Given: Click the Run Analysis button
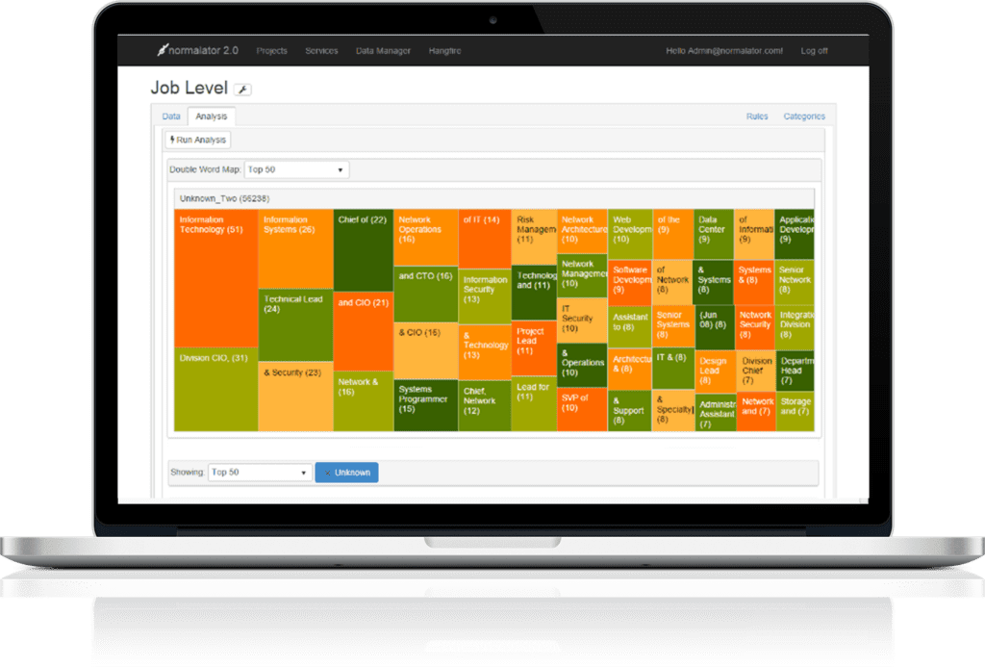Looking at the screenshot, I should pos(198,140).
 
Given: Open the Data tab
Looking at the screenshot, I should pos(171,116).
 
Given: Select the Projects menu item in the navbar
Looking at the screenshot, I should pos(271,51).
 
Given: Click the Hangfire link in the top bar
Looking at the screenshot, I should pos(445,51).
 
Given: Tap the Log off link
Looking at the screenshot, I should pos(814,51).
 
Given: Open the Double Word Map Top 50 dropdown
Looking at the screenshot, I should pos(296,169).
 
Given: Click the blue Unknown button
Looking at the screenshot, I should pos(346,473).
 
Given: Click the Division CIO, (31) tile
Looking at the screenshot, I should pos(215,389).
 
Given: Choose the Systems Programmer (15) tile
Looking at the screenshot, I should pos(425,404).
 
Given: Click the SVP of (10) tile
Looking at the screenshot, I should pos(581,409).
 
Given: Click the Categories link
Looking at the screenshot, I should pos(803,116).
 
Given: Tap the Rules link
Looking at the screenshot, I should pos(757,116).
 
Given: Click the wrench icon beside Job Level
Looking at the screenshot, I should pos(242,90).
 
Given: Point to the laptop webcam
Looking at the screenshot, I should pos(492,19).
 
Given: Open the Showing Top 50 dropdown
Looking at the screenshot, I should pos(260,473).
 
